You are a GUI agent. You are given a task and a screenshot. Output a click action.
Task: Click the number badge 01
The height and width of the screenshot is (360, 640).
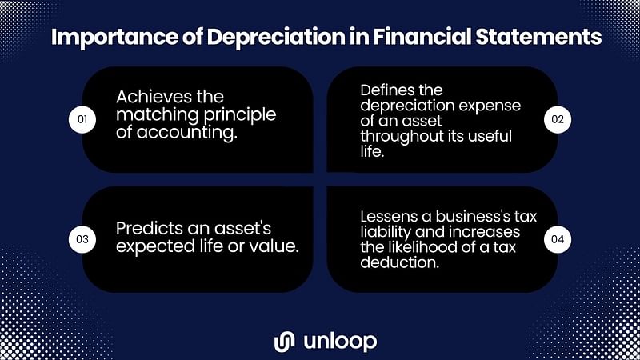(82, 119)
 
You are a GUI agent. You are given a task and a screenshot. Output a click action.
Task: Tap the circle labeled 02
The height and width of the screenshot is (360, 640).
(558, 119)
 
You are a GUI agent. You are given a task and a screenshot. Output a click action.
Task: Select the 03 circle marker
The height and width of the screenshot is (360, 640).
(82, 239)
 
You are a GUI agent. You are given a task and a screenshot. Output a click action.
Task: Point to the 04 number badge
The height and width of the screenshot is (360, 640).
(558, 239)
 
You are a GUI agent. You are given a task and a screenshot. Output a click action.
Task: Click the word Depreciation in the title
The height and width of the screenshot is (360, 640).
(276, 38)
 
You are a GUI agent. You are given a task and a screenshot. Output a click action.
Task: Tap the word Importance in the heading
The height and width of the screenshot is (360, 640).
(114, 38)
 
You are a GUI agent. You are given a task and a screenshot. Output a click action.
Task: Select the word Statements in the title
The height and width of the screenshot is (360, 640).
(538, 37)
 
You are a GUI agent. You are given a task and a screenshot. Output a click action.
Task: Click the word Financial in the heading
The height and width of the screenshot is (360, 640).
(422, 36)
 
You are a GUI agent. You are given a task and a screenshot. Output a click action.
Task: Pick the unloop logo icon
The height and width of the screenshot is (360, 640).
(285, 342)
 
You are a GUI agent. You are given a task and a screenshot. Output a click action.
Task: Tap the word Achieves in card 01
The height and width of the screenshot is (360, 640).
(154, 97)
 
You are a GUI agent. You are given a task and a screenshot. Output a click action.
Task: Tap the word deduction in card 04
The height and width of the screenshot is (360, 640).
(399, 262)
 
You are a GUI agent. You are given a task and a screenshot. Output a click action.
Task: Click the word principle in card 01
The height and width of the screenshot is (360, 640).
(240, 115)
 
